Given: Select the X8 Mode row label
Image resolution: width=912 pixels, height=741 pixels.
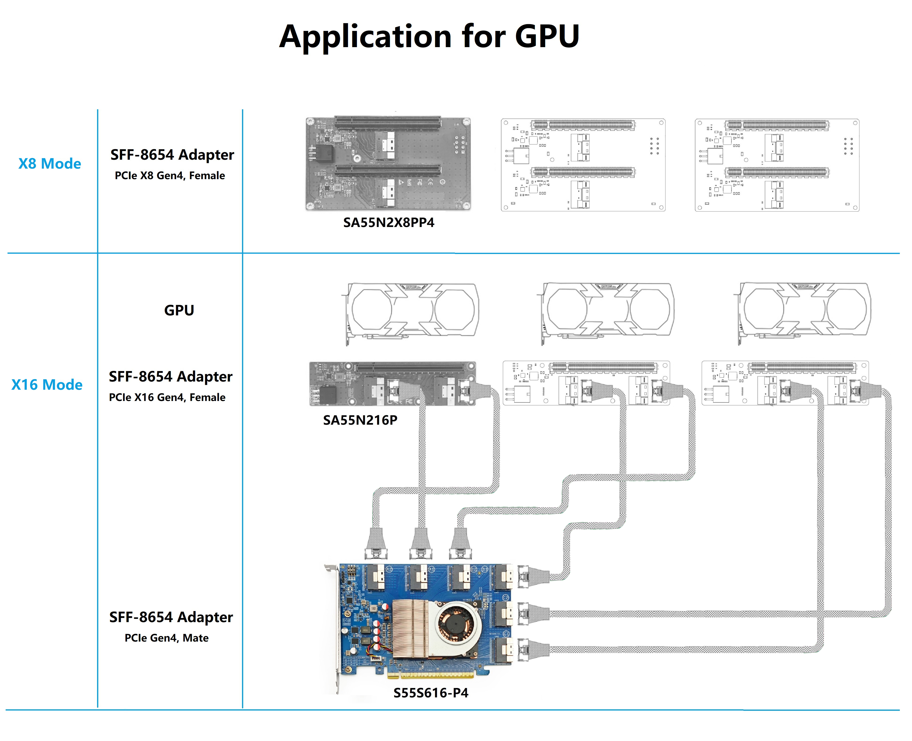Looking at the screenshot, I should pyautogui.click(x=49, y=163).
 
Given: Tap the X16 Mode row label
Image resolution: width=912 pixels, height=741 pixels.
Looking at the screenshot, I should pyautogui.click(x=47, y=385).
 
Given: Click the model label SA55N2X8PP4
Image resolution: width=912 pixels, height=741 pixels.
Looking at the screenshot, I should pyautogui.click(x=388, y=222).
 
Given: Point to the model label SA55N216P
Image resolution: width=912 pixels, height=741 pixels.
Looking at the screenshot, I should pyautogui.click(x=360, y=420).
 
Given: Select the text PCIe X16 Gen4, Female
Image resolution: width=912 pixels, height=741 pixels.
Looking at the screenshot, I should pyautogui.click(x=167, y=397).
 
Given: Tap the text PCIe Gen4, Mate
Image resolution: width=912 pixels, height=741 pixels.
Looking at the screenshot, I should pyautogui.click(x=167, y=638).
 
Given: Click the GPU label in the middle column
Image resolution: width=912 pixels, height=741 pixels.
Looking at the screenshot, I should pyautogui.click(x=179, y=310).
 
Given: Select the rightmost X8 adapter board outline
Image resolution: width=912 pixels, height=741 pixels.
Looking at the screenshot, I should pyautogui.click(x=777, y=165).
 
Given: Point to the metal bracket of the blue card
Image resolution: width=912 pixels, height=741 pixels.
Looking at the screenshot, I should pyautogui.click(x=335, y=628).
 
